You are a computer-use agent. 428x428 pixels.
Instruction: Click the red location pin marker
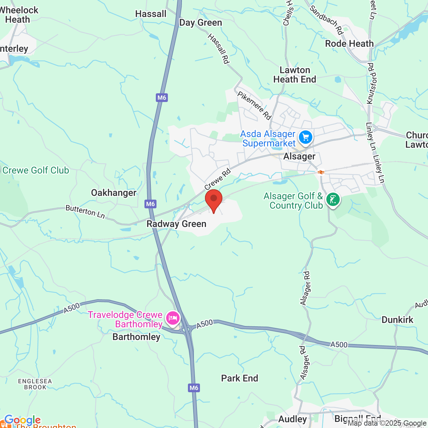point(213,199)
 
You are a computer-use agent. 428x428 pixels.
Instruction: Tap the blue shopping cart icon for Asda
point(305,137)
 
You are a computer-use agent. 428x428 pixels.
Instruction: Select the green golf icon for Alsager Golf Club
point(333,200)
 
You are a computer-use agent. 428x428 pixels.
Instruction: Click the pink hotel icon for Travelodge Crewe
point(173,318)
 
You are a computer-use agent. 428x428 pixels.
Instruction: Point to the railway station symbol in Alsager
point(321,172)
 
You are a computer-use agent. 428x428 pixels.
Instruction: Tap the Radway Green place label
point(176,224)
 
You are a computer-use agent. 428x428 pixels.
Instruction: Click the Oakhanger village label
point(114,193)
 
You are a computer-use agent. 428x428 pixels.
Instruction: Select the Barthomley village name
point(136,337)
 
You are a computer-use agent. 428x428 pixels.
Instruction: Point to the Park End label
point(240,378)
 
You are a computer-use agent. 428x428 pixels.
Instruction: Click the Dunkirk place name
point(397,320)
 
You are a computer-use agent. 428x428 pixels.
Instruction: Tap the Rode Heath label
point(349,43)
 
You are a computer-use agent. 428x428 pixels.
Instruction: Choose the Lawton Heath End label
point(295,75)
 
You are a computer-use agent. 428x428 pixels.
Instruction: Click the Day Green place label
point(201,22)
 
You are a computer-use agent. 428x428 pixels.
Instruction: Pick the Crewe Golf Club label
point(36,170)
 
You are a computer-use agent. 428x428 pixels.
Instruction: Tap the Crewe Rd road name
point(217,179)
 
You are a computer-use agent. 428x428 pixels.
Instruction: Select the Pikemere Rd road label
point(254,105)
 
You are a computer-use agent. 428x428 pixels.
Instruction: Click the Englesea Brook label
point(35,384)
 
